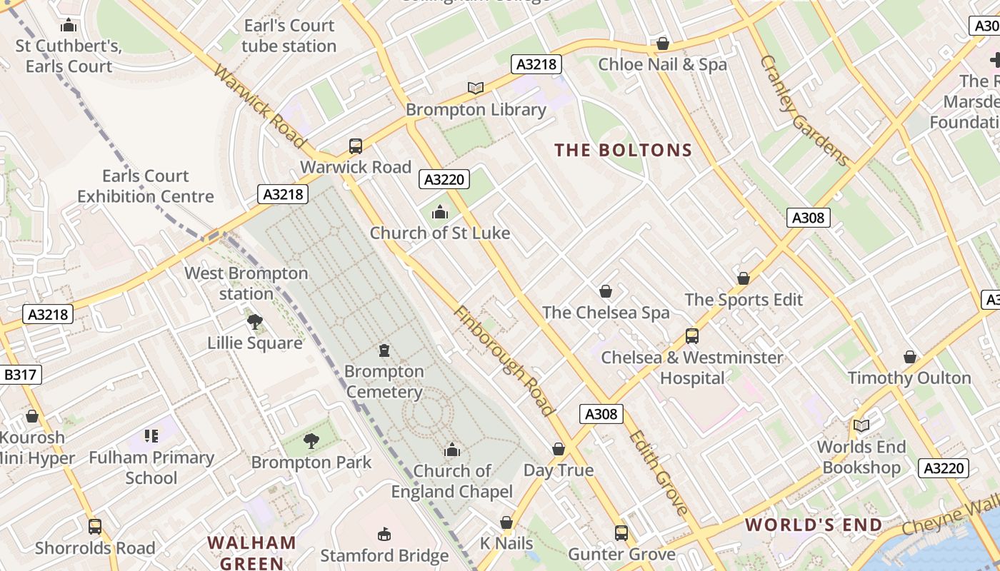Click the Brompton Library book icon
[476, 88]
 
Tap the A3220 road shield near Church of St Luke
[444, 179]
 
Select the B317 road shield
[21, 375]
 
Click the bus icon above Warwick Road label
[356, 146]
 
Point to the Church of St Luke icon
[440, 212]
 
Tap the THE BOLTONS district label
[624, 151]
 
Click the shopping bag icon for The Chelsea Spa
[606, 291]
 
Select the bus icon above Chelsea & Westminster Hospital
[691, 336]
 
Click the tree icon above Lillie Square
[255, 322]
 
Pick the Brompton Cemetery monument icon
[384, 350]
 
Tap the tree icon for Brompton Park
[311, 441]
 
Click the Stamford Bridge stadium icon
[384, 534]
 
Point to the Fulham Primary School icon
[151, 435]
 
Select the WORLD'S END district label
[814, 525]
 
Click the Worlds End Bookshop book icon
[861, 425]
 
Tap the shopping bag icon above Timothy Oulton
[910, 356]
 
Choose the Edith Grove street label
[659, 472]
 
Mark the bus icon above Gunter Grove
[621, 532]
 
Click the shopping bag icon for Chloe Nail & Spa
[663, 44]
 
